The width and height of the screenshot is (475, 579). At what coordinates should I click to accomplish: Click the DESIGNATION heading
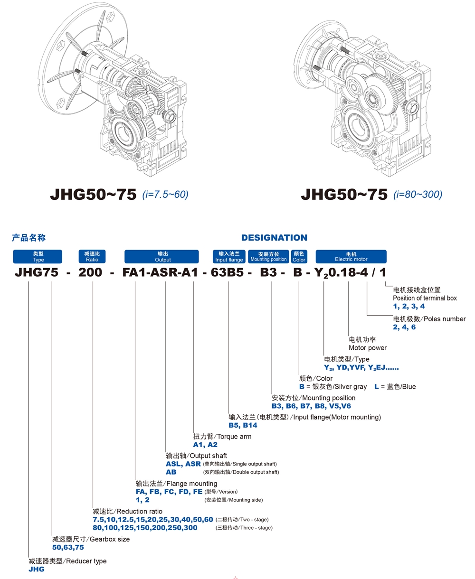[x=274, y=238]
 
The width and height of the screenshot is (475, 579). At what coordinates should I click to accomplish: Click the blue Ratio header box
[x=92, y=257]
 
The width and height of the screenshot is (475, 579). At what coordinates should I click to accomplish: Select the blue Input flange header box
[x=229, y=257]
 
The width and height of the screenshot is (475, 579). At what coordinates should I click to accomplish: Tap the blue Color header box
[x=299, y=257]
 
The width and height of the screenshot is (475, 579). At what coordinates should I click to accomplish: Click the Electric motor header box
[x=351, y=257]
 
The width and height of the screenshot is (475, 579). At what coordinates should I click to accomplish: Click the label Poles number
[x=442, y=319]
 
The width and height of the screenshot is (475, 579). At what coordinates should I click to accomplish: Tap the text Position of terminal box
[x=425, y=298]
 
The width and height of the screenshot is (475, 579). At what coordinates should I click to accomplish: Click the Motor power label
[x=368, y=348]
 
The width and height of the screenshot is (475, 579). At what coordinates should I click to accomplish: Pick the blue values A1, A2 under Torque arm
[x=205, y=445]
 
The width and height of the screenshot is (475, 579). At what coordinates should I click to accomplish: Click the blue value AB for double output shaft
[x=171, y=472]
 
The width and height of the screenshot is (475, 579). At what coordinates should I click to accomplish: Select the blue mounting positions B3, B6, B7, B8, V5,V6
[x=311, y=406]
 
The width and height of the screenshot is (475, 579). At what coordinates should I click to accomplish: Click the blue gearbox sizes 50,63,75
[x=68, y=547]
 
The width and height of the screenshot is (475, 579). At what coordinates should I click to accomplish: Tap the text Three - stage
[x=257, y=528]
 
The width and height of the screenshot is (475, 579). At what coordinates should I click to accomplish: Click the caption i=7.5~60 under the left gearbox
[x=165, y=194]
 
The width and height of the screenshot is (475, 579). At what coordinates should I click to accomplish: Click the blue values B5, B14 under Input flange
[x=243, y=426]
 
